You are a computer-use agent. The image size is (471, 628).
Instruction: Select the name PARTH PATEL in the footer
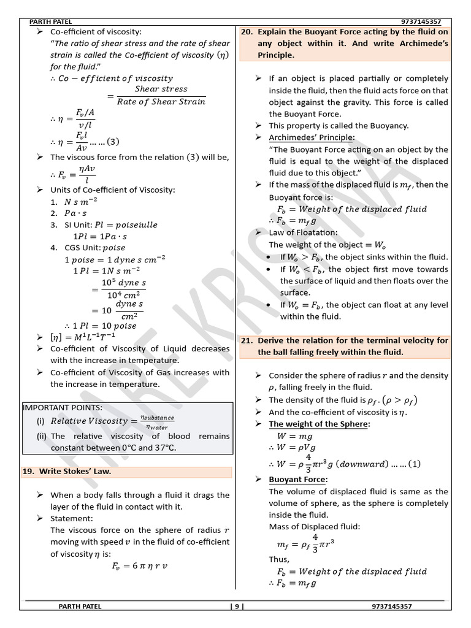(80, 607)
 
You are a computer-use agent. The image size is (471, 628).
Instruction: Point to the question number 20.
(247, 32)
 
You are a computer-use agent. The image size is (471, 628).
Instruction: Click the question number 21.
(247, 340)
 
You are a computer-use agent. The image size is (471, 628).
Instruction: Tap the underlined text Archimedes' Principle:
(312, 137)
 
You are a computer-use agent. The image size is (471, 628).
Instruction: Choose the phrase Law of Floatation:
(303, 232)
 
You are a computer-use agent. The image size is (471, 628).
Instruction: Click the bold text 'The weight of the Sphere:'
(320, 424)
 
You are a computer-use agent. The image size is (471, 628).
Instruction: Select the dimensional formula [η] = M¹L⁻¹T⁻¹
(83, 337)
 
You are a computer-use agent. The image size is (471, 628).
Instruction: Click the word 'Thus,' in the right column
(279, 559)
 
